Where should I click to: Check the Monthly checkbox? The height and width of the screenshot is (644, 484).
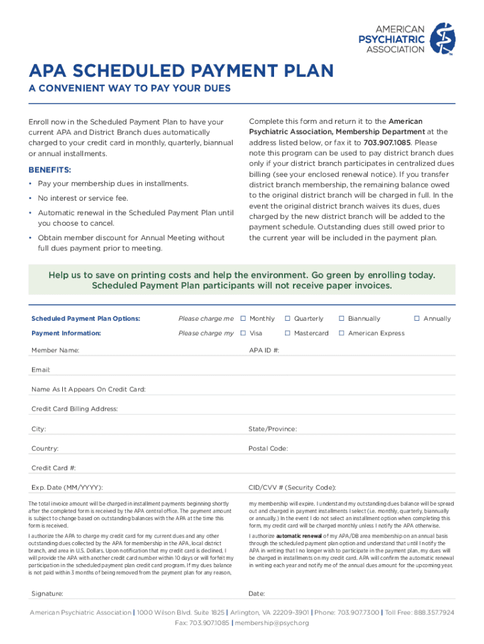243,318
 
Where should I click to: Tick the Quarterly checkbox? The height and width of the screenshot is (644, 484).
288,318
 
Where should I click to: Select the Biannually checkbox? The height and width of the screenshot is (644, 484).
342,318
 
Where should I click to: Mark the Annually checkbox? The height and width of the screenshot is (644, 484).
417,318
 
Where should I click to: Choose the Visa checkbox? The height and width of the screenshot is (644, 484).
243,333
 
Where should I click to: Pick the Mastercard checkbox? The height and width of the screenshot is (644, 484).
288,333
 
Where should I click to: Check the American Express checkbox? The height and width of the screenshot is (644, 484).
342,333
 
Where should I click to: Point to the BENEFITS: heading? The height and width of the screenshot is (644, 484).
50,170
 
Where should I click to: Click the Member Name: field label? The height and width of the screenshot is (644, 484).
55,350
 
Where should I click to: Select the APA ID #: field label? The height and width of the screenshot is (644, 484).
264,350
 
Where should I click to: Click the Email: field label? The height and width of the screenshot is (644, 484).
41,370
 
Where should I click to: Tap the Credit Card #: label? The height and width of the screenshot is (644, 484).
53,468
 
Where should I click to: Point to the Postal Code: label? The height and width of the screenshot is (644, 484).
268,448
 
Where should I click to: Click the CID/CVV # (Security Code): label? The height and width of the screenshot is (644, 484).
292,487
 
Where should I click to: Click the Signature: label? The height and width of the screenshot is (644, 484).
47,593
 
